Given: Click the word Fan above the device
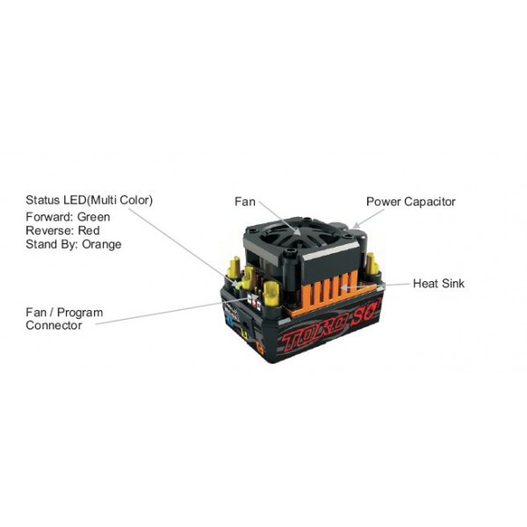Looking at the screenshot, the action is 245,202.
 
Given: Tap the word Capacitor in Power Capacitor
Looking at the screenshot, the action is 430,202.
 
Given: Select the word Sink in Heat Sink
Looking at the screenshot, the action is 453,284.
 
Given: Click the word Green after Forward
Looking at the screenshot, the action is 93,217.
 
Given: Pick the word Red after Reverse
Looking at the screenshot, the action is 89,230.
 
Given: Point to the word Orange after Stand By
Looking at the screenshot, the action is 102,244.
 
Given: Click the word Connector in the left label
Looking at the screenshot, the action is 54,325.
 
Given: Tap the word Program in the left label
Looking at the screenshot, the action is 80,313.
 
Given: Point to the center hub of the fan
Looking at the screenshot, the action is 298,231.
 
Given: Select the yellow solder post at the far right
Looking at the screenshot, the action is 372,263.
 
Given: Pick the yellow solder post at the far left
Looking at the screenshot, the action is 235,268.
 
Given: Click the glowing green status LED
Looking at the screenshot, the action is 239,285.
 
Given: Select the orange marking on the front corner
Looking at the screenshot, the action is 260,348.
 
